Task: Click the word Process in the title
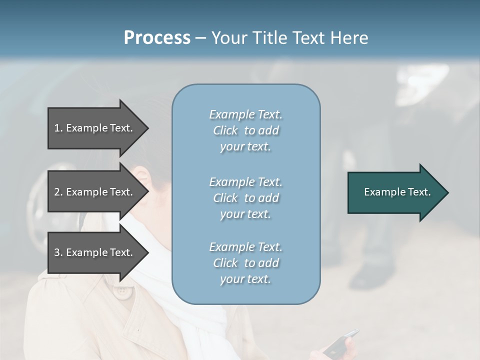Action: coord(157,38)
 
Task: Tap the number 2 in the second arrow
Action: coord(57,192)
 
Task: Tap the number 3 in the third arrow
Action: coord(57,252)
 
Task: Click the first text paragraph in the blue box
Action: coord(245,130)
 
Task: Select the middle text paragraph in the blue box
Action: coord(245,197)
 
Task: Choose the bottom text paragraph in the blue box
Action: coord(245,263)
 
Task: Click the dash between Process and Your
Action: coord(200,38)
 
